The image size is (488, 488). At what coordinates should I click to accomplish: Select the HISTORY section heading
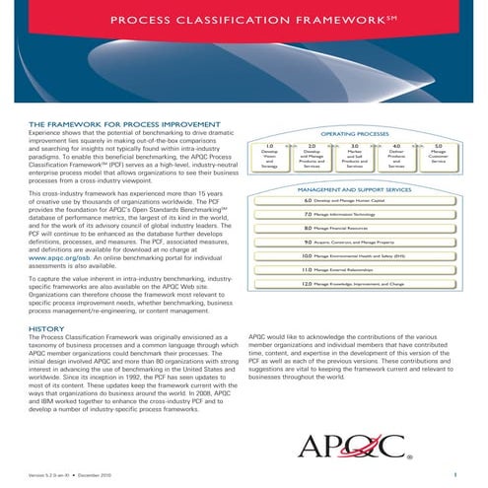tap(46, 328)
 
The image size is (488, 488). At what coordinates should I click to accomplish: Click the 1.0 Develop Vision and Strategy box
tap(269, 157)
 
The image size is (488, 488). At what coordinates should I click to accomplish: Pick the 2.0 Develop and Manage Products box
tap(312, 157)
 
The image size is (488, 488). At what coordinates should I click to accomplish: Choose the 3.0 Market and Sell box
tap(354, 157)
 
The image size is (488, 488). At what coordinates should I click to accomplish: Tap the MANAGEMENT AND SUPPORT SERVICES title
tap(353, 187)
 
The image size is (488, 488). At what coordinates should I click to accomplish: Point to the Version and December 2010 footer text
tap(71, 475)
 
